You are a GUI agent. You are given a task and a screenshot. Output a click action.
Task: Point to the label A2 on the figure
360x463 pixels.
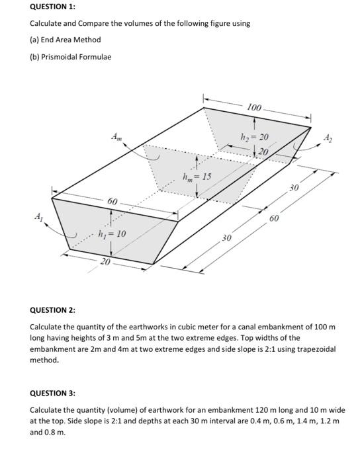(330, 138)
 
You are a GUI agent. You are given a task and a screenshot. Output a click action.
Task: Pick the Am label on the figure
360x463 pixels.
(116, 137)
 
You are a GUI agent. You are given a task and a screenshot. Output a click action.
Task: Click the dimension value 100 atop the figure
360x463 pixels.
(254, 107)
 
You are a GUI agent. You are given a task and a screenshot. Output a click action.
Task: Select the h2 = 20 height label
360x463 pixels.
(255, 137)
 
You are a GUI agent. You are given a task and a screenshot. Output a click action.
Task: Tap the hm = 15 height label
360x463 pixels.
(198, 177)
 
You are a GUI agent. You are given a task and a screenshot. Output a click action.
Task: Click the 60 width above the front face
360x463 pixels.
(112, 200)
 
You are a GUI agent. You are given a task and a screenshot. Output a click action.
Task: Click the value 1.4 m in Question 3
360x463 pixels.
(289, 421)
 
